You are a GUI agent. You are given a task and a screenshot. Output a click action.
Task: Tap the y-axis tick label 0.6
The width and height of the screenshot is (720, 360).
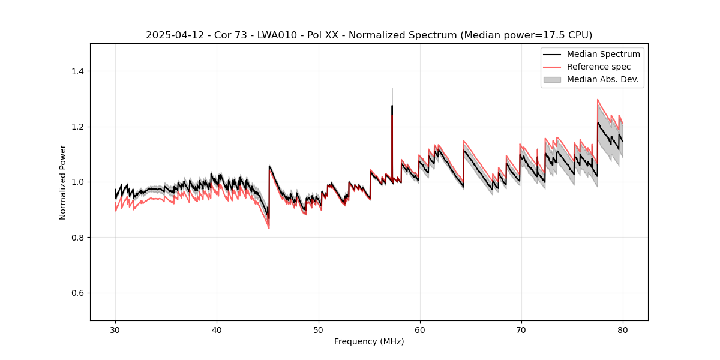click(x=79, y=293)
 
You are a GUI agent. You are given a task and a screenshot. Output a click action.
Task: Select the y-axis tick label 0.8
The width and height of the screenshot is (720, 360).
click(x=79, y=238)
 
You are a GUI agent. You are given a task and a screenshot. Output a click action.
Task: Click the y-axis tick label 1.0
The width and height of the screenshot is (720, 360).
click(x=79, y=182)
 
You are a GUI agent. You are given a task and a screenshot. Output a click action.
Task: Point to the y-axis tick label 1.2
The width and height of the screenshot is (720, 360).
click(x=79, y=127)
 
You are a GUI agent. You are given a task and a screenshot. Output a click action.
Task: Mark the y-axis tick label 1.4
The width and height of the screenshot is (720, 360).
click(x=79, y=71)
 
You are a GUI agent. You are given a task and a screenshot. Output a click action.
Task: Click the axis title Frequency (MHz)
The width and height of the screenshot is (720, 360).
click(x=369, y=341)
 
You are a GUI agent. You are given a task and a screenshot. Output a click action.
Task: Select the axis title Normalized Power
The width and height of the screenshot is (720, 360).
click(x=63, y=182)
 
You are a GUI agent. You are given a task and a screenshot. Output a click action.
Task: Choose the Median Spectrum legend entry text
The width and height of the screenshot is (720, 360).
click(x=603, y=54)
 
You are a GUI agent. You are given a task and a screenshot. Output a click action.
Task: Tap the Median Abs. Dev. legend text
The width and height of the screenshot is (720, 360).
click(x=603, y=79)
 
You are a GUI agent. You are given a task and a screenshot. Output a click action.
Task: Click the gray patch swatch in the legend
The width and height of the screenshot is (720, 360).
click(x=552, y=79)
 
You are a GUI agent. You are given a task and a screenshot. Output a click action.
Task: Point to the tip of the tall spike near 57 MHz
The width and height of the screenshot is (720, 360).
click(x=392, y=88)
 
